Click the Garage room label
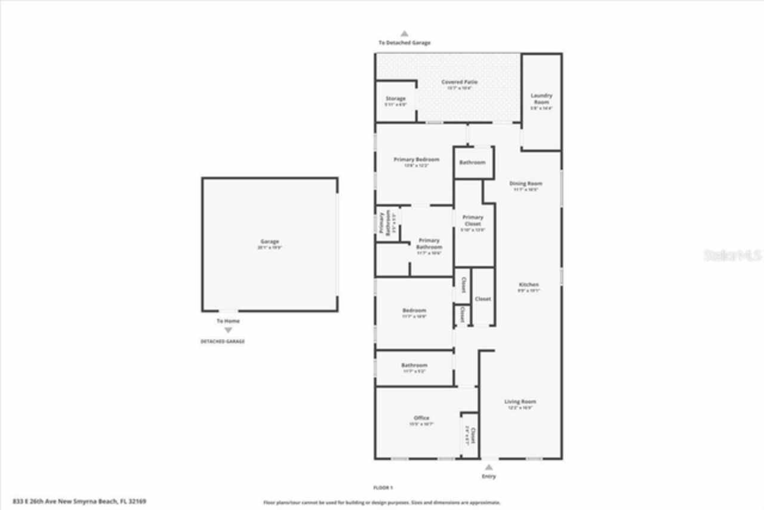[269, 242]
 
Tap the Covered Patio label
[459, 82]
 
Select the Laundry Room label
[541, 99]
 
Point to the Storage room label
[395, 99]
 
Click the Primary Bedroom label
[416, 160]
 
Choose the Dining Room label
[525, 183]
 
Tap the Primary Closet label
[473, 220]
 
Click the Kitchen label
[528, 285]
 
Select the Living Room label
[520, 402]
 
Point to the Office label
[421, 418]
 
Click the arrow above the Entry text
[489, 468]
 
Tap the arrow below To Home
[228, 330]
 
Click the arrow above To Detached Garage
[404, 34]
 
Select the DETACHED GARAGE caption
[222, 342]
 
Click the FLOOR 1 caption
[383, 488]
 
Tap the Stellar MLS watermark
[732, 256]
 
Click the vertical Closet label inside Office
[473, 435]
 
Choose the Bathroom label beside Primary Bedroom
[472, 162]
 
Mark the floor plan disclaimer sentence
[382, 503]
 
